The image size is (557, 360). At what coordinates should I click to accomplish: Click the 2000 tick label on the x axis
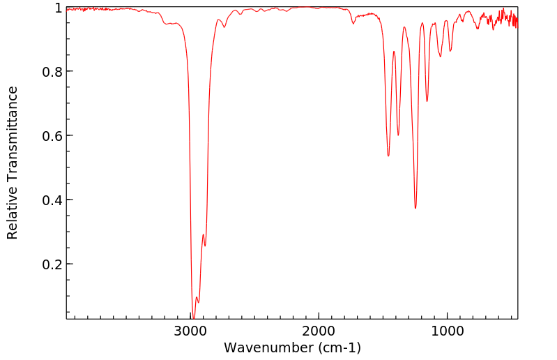(x=319, y=331)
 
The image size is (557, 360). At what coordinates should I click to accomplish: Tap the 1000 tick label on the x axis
(x=447, y=331)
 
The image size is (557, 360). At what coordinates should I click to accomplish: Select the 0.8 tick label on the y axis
(x=52, y=72)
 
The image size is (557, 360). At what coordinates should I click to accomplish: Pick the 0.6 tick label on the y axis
(x=52, y=136)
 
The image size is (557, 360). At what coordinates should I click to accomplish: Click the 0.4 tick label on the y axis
(x=52, y=200)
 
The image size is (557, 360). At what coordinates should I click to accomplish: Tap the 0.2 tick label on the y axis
(x=52, y=264)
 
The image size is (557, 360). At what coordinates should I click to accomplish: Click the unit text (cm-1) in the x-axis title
(x=339, y=347)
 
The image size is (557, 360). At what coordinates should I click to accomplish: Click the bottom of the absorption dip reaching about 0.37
(x=415, y=208)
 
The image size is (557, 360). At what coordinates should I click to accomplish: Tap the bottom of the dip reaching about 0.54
(x=388, y=156)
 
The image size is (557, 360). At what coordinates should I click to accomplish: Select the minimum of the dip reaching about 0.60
(x=398, y=135)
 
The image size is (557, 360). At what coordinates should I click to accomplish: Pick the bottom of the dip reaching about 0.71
(x=427, y=101)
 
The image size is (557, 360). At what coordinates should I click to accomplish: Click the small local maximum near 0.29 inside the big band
(x=203, y=234)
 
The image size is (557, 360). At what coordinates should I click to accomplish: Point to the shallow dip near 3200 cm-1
(x=167, y=24)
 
